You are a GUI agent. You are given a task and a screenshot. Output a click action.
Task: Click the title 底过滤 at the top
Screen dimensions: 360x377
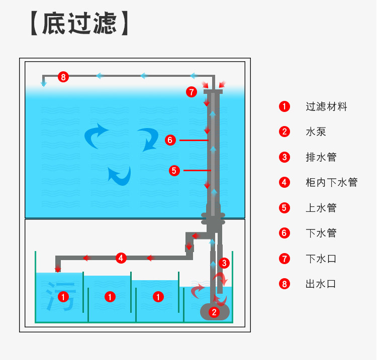79,23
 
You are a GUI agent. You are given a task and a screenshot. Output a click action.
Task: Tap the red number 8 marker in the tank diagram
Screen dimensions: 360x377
63,77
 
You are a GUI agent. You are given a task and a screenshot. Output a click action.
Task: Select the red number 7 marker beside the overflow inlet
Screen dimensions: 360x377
191,92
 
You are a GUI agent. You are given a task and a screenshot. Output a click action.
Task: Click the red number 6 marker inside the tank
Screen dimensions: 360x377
170,140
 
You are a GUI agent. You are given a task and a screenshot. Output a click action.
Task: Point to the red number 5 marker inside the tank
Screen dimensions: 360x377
174,171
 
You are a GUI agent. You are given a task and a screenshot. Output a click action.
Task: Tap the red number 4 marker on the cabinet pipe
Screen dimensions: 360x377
121,258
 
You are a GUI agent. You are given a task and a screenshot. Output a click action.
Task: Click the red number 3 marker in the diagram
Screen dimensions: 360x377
225,262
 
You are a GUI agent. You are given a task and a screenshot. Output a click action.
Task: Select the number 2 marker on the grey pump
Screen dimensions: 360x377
215,312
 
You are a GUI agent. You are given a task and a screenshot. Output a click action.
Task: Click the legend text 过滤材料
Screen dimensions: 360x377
326,106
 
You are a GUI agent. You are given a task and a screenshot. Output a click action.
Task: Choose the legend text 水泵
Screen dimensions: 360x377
316,132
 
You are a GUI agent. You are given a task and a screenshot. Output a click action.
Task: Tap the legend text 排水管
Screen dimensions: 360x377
321,157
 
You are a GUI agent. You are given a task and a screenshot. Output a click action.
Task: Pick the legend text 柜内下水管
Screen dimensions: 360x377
331,182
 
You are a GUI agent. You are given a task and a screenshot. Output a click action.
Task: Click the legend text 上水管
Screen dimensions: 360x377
321,208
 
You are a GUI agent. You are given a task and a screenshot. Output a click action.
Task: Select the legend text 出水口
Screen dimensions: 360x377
321,284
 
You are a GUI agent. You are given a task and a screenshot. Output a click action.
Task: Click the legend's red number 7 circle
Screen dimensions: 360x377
285,259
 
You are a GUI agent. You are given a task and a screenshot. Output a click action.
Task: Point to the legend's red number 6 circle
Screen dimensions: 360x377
285,233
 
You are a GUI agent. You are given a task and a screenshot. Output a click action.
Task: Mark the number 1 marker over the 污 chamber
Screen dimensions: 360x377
63,297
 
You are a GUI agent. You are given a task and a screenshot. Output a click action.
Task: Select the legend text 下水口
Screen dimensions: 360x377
321,259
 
